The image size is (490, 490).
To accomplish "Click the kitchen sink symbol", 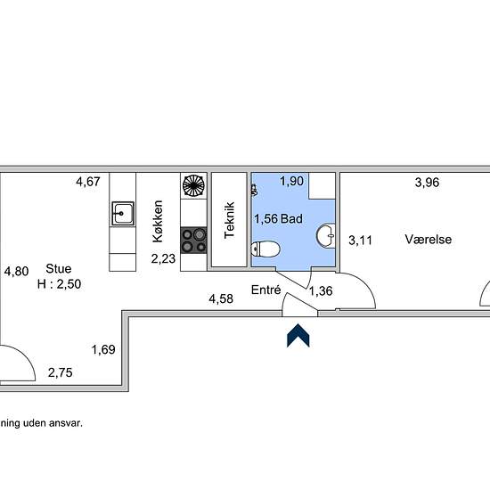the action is click(x=123, y=214).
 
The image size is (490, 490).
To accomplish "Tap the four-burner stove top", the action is click(x=193, y=241).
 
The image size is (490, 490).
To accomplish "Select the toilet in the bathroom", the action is click(x=265, y=249).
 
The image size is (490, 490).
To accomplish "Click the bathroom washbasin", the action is click(x=326, y=235).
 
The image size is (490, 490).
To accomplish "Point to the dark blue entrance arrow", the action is click(x=298, y=335).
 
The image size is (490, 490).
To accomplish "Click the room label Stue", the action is click(x=59, y=269).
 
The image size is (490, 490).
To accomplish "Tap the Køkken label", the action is click(x=158, y=221).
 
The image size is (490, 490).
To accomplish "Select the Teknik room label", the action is click(x=229, y=220).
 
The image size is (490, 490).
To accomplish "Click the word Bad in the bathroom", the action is click(x=291, y=219).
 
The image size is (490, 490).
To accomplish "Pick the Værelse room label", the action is click(x=429, y=240).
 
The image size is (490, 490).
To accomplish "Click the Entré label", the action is click(x=266, y=290).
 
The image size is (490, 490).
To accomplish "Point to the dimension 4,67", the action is click(x=88, y=182).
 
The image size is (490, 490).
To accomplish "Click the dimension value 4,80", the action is click(x=17, y=271).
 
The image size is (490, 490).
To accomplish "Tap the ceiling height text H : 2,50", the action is click(x=60, y=284).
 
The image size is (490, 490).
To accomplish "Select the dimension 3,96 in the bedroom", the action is click(x=427, y=182).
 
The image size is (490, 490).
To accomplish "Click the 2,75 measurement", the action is click(x=61, y=372).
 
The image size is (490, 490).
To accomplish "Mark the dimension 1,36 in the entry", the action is click(x=321, y=291).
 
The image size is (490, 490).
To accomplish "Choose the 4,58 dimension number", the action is click(x=221, y=298).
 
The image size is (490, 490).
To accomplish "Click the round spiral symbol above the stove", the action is click(x=193, y=185).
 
